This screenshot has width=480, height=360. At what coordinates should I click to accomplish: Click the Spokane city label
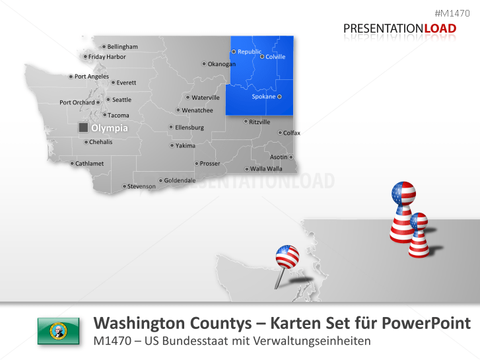(263, 97)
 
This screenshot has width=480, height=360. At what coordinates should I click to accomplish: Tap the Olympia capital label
(109, 128)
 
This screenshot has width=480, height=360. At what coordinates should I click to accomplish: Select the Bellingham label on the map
(122, 47)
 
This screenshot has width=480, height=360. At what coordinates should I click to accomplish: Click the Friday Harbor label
(107, 57)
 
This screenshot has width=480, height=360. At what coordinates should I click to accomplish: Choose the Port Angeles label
(91, 77)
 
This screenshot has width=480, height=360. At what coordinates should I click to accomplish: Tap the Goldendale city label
(180, 180)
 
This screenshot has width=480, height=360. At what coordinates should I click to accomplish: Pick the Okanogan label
(221, 64)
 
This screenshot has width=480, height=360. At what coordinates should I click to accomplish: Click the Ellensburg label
(189, 127)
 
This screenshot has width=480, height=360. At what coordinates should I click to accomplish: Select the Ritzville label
(259, 122)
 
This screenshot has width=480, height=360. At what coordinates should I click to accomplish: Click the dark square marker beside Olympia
(83, 127)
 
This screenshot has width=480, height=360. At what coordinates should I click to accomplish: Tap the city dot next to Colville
(262, 57)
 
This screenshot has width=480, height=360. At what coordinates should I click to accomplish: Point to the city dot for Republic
(234, 52)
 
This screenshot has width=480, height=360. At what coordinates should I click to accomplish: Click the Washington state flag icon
(59, 330)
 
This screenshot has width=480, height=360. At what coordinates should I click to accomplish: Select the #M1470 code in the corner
(457, 13)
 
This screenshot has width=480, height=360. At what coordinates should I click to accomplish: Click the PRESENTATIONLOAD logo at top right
(399, 28)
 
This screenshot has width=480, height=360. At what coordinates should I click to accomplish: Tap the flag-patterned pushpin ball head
(287, 256)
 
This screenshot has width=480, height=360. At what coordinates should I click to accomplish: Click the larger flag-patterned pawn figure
(403, 212)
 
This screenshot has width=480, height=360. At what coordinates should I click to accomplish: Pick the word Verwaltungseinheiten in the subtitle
(322, 342)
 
